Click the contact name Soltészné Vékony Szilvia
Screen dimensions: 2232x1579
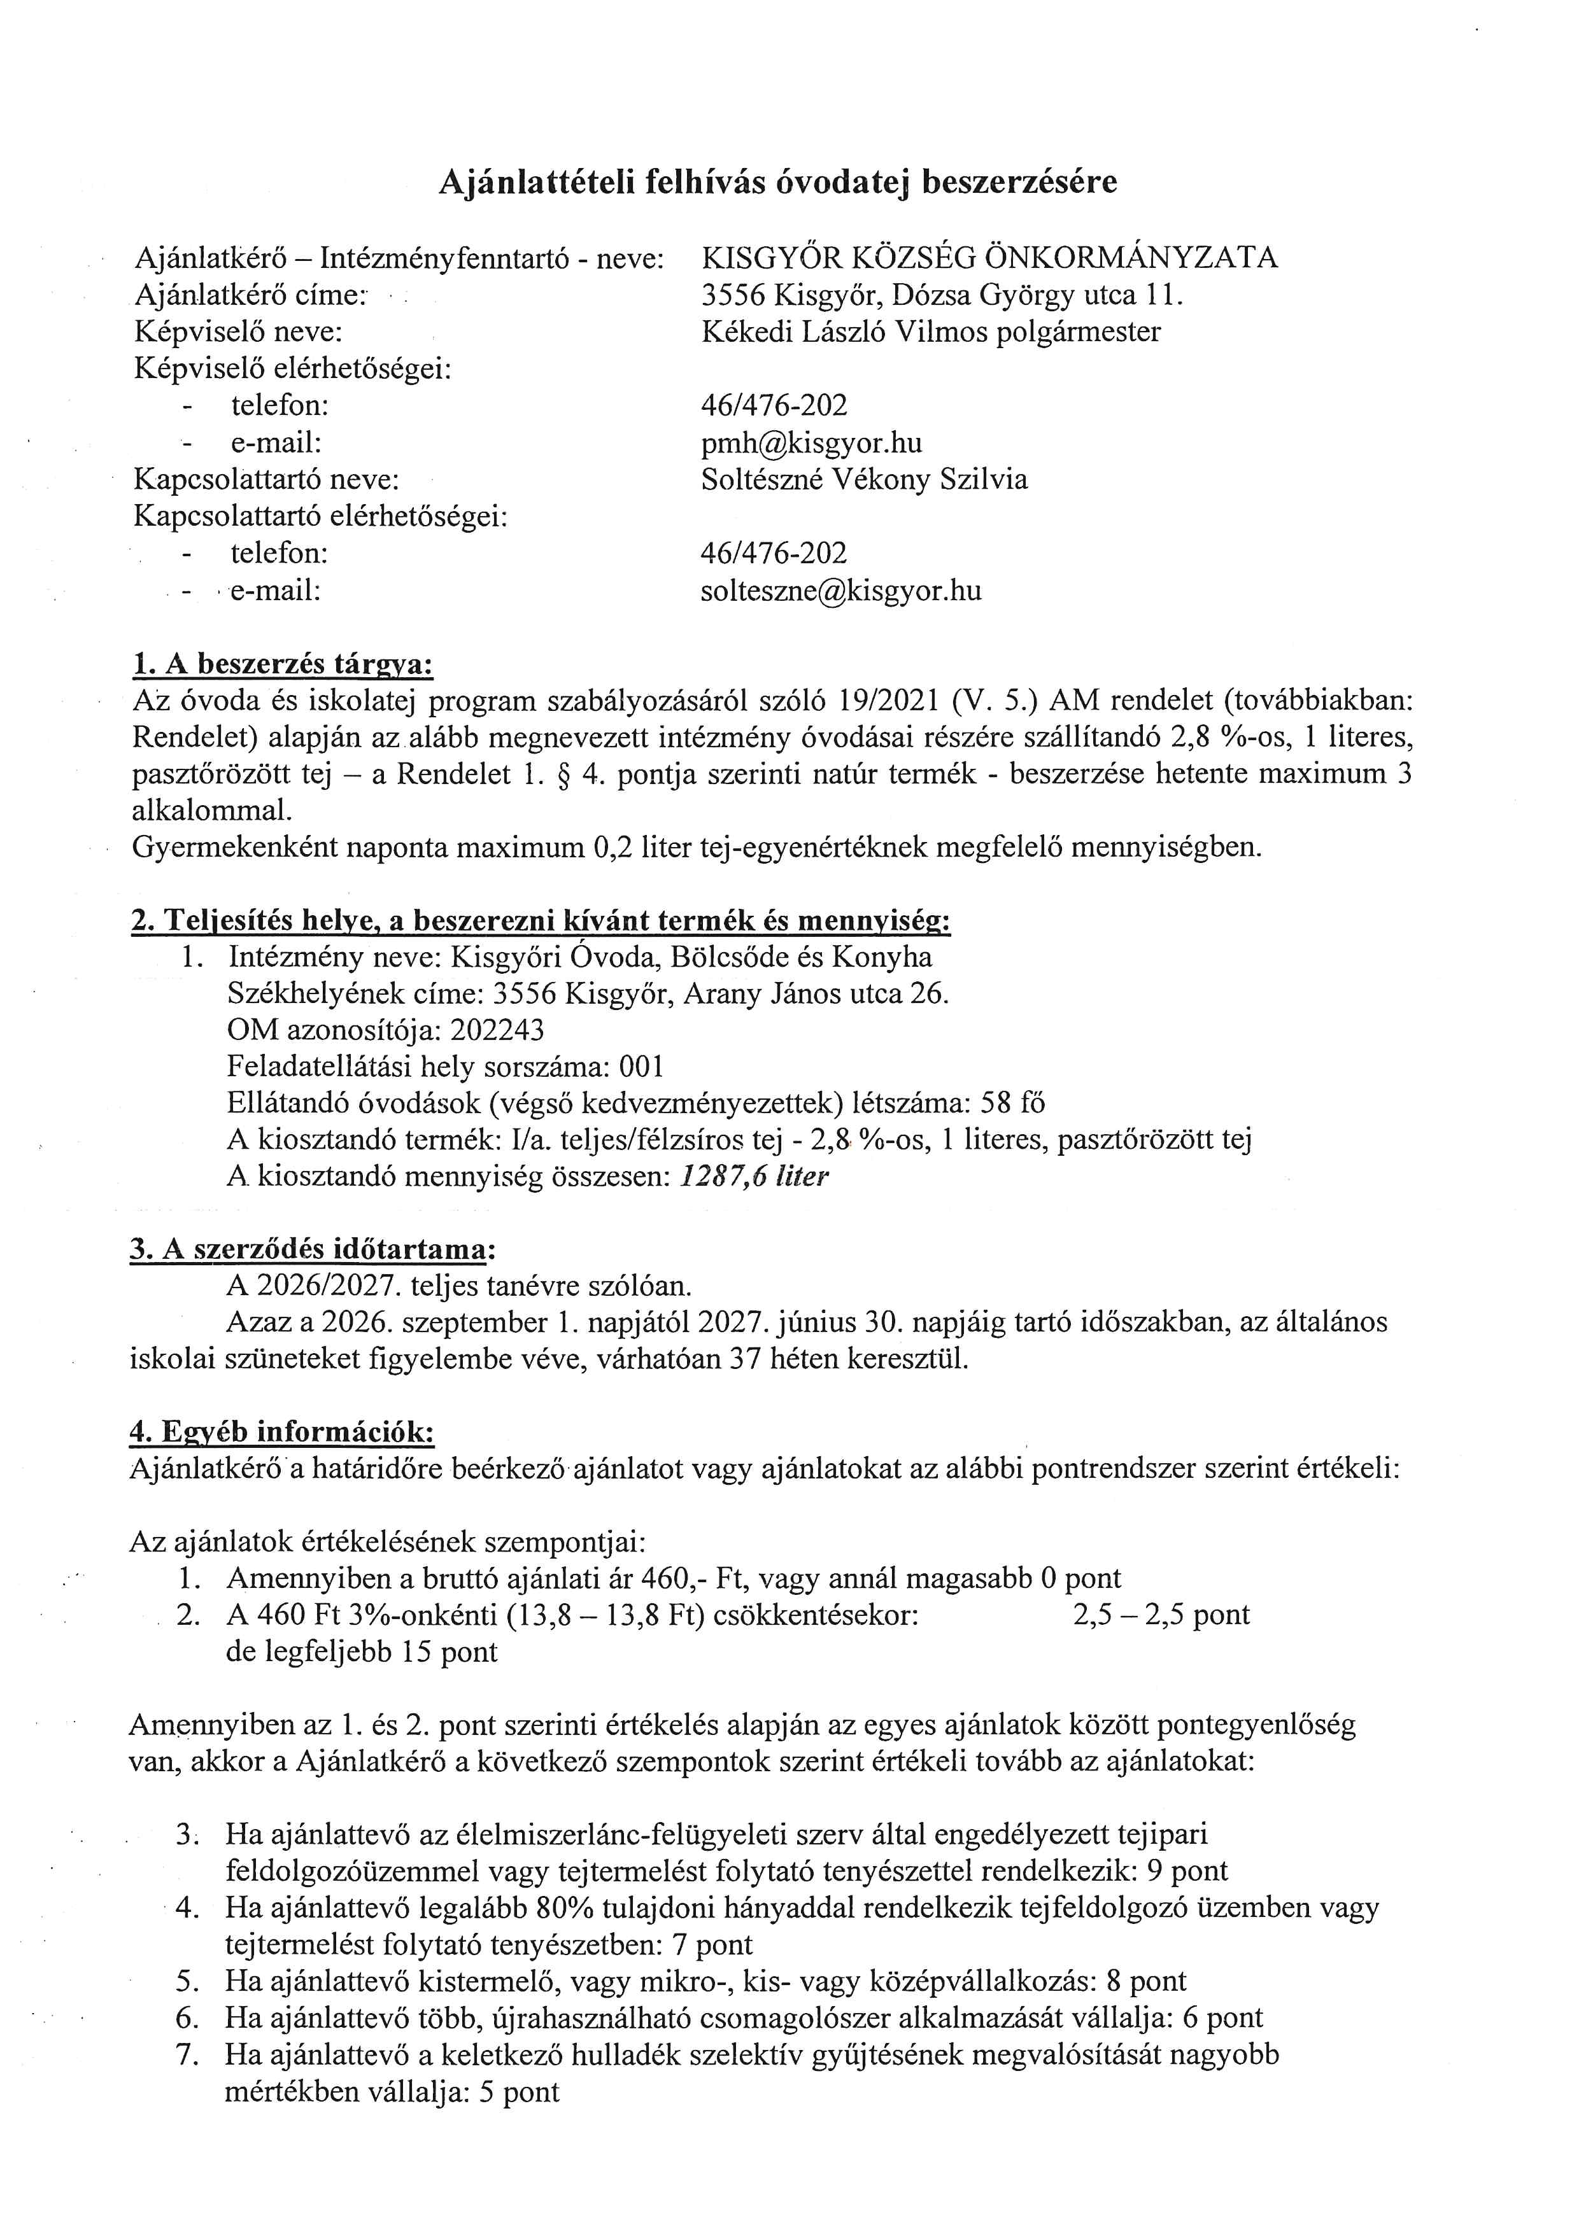coord(863,479)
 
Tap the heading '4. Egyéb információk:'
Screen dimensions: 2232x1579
coord(282,1432)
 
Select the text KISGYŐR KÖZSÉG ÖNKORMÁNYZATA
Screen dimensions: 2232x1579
coord(989,258)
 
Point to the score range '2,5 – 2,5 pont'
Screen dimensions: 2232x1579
coord(1161,1615)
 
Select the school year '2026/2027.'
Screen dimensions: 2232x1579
coord(329,1286)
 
